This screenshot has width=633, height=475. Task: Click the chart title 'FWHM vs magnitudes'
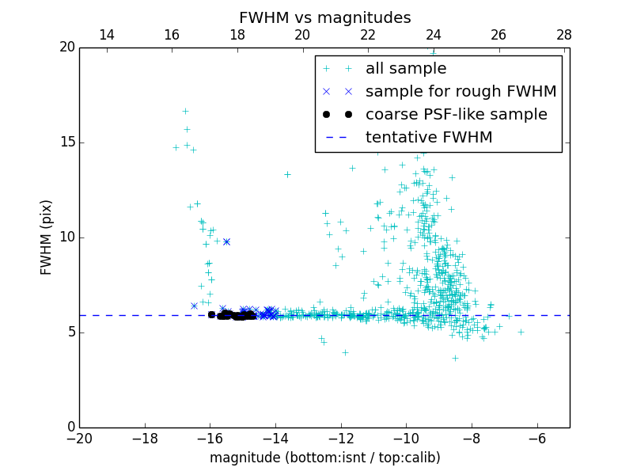coord(324,17)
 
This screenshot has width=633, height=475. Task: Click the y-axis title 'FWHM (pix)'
coord(47,237)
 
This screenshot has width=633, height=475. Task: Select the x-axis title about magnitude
coord(324,458)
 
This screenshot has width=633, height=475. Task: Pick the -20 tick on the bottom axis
coord(79,438)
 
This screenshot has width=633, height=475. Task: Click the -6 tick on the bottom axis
coord(537,438)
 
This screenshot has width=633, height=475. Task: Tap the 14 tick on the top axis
coord(106,35)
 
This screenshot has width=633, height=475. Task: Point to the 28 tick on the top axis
coord(564,35)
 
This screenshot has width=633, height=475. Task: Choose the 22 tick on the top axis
coord(368,35)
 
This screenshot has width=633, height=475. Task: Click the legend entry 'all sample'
coord(405,69)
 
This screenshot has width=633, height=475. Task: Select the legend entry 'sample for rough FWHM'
coord(461,91)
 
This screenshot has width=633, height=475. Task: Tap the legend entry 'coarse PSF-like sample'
coord(456,114)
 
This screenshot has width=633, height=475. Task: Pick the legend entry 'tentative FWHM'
coord(428,137)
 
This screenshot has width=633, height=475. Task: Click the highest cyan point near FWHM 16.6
coord(185,111)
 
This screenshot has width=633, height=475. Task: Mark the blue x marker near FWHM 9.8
coord(226,241)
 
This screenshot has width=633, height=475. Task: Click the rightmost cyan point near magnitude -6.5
coord(521,332)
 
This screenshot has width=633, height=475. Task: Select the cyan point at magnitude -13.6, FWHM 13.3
coord(287,174)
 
